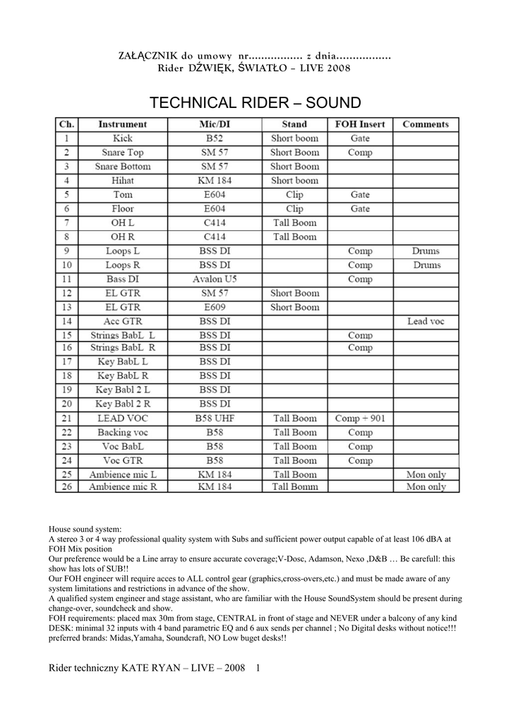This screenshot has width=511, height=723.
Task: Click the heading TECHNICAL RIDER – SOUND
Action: tap(255, 102)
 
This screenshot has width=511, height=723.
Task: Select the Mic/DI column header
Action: tap(215, 124)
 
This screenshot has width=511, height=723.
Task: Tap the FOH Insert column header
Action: tap(359, 124)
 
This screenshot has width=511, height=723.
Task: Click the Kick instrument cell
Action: tap(123, 138)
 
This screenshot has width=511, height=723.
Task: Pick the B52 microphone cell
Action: tap(215, 138)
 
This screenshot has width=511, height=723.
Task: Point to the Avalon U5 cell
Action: tap(215, 279)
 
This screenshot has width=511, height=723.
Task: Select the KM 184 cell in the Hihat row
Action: tap(215, 181)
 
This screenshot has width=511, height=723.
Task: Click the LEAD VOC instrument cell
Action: tap(123, 418)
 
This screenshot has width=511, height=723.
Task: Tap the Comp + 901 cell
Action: tap(360, 418)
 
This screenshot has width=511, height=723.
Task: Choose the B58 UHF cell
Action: tap(215, 418)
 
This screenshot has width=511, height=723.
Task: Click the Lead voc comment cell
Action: tap(426, 321)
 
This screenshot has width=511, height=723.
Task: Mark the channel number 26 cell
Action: tap(66, 486)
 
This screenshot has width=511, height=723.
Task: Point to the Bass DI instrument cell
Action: tap(123, 279)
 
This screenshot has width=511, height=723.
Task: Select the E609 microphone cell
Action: tap(215, 307)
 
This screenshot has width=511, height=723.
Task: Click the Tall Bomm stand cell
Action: tap(295, 486)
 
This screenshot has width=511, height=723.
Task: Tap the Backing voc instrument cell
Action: tap(123, 432)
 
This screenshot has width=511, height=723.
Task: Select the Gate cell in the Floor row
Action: tap(360, 209)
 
